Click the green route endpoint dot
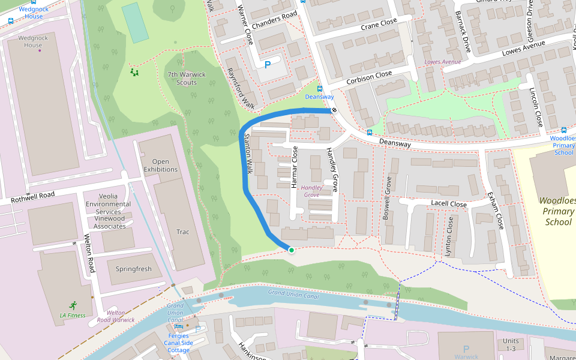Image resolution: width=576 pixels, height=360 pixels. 291,250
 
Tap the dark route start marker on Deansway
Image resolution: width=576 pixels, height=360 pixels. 334,110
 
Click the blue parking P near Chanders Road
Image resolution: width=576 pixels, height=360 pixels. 268,65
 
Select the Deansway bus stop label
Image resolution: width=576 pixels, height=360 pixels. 319,97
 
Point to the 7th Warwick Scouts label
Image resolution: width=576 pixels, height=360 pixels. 187,79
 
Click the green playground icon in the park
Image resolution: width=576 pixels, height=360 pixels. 135,73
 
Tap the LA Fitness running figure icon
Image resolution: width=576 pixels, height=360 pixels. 73,304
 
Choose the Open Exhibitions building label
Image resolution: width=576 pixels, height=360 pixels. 161,166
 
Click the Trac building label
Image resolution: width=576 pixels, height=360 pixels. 183,232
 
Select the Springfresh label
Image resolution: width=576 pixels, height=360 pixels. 134,269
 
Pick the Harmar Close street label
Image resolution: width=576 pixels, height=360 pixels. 294,167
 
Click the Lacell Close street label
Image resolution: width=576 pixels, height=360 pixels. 449,204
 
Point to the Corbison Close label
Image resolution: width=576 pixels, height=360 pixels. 369,77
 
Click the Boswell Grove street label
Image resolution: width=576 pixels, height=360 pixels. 387,197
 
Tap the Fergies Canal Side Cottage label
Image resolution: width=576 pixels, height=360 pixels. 178,343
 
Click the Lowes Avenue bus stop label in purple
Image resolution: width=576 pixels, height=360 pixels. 442,62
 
